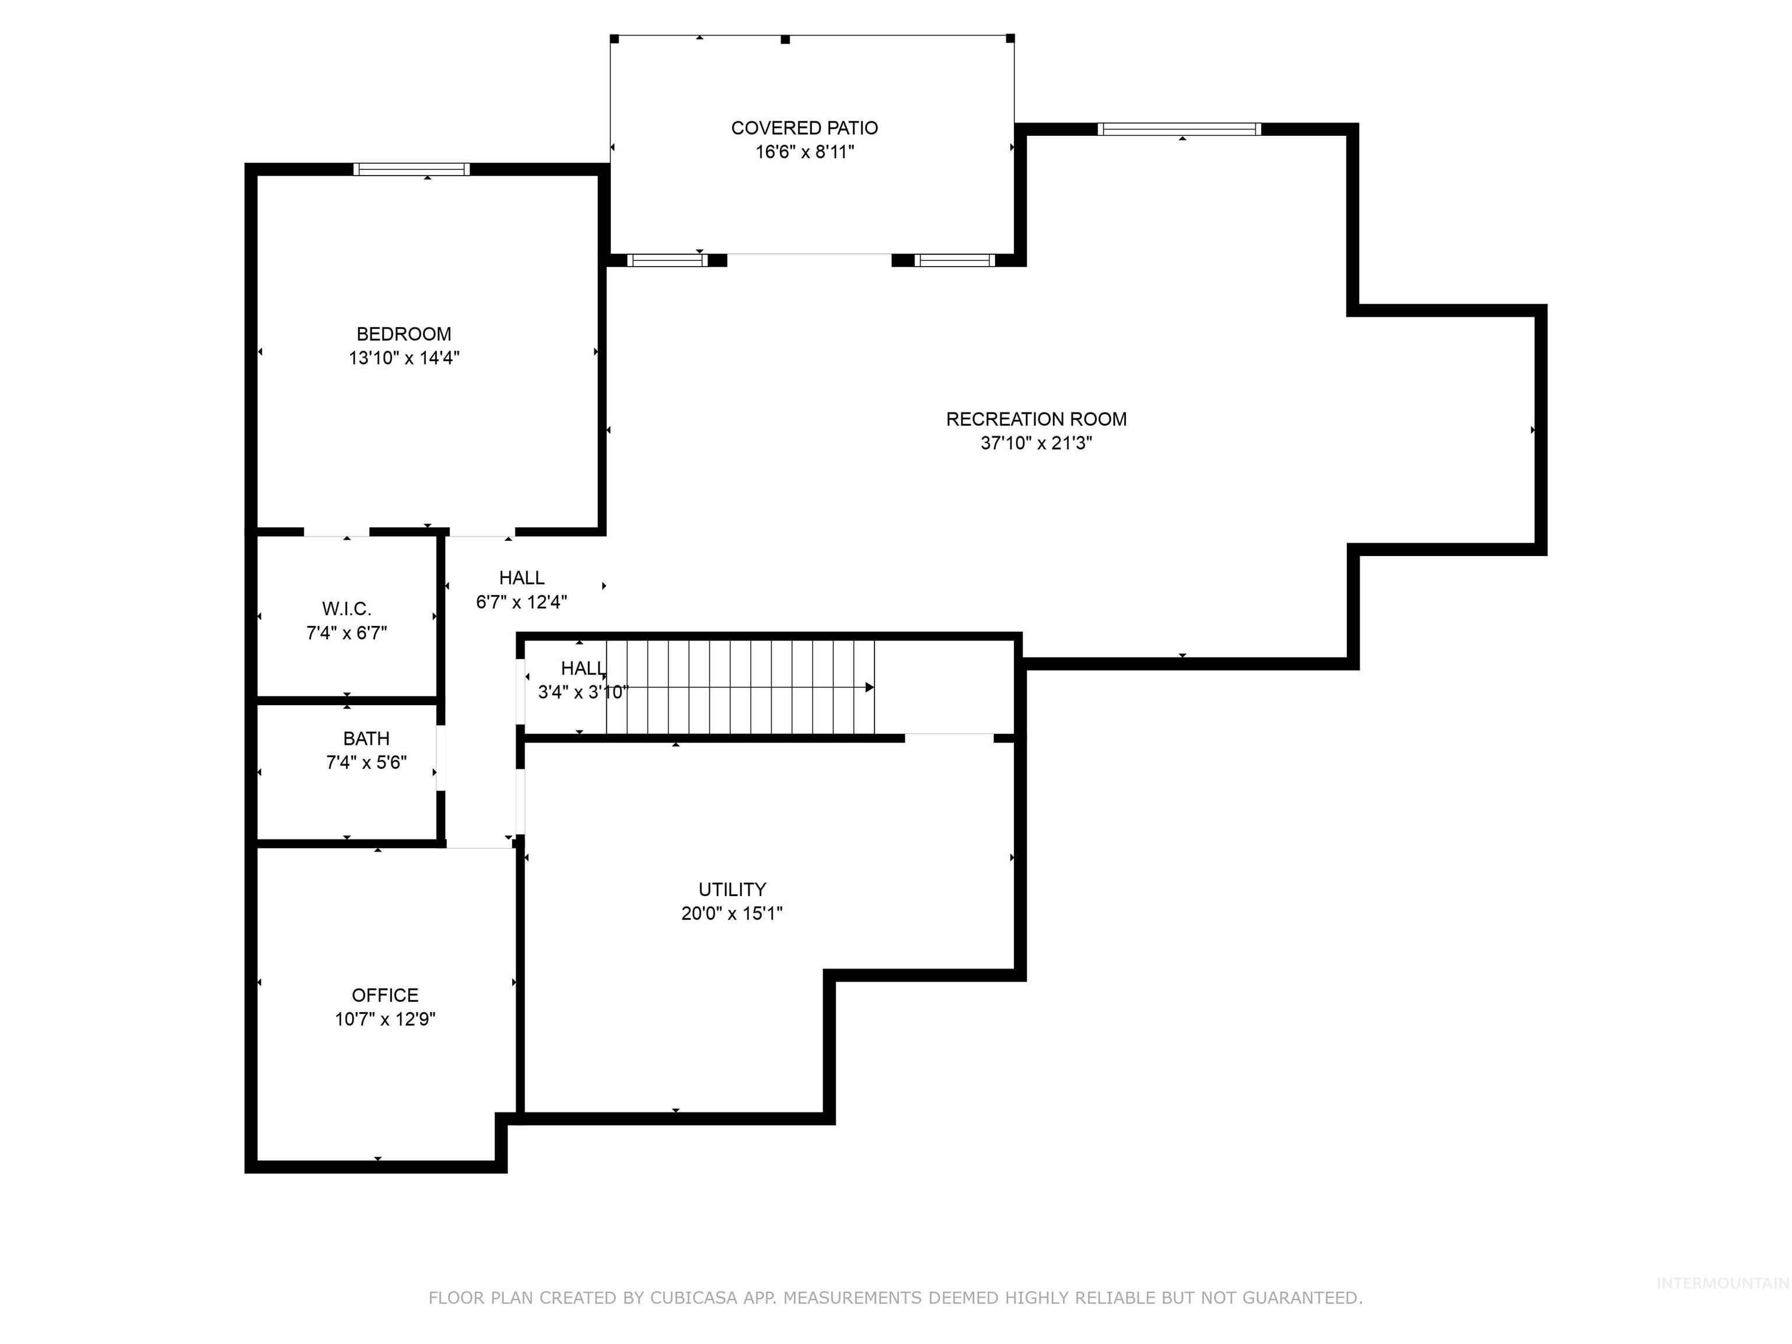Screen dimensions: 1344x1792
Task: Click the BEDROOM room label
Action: (x=404, y=334)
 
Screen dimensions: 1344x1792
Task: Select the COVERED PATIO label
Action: (x=804, y=128)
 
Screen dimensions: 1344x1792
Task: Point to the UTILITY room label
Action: (x=731, y=889)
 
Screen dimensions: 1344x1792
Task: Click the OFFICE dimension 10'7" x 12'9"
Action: (x=385, y=1019)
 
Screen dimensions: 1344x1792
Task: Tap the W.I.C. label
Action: (x=346, y=608)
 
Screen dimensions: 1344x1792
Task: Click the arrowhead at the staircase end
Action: (x=869, y=688)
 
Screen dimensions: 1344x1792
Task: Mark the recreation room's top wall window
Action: (x=1179, y=129)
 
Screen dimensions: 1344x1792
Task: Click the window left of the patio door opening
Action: (x=667, y=260)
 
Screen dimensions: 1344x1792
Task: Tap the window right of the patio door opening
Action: (x=954, y=260)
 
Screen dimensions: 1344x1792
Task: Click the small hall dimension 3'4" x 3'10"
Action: (x=583, y=692)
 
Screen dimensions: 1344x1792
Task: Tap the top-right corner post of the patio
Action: (x=1010, y=38)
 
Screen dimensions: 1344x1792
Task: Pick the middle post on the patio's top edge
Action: (x=785, y=39)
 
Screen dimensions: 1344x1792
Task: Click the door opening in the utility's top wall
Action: (x=949, y=737)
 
